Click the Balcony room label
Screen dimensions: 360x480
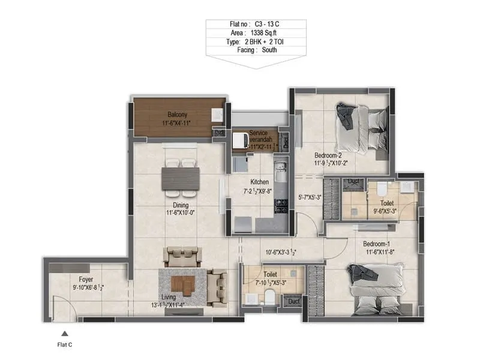178,115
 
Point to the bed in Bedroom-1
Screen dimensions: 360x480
376,290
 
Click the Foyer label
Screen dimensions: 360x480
86,279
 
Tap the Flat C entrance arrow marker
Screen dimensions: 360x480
64,334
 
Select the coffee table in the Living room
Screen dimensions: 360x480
182,285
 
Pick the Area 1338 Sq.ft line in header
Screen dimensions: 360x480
256,34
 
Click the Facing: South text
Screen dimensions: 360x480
256,52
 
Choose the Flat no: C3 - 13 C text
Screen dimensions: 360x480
256,25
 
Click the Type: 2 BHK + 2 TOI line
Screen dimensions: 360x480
256,43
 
